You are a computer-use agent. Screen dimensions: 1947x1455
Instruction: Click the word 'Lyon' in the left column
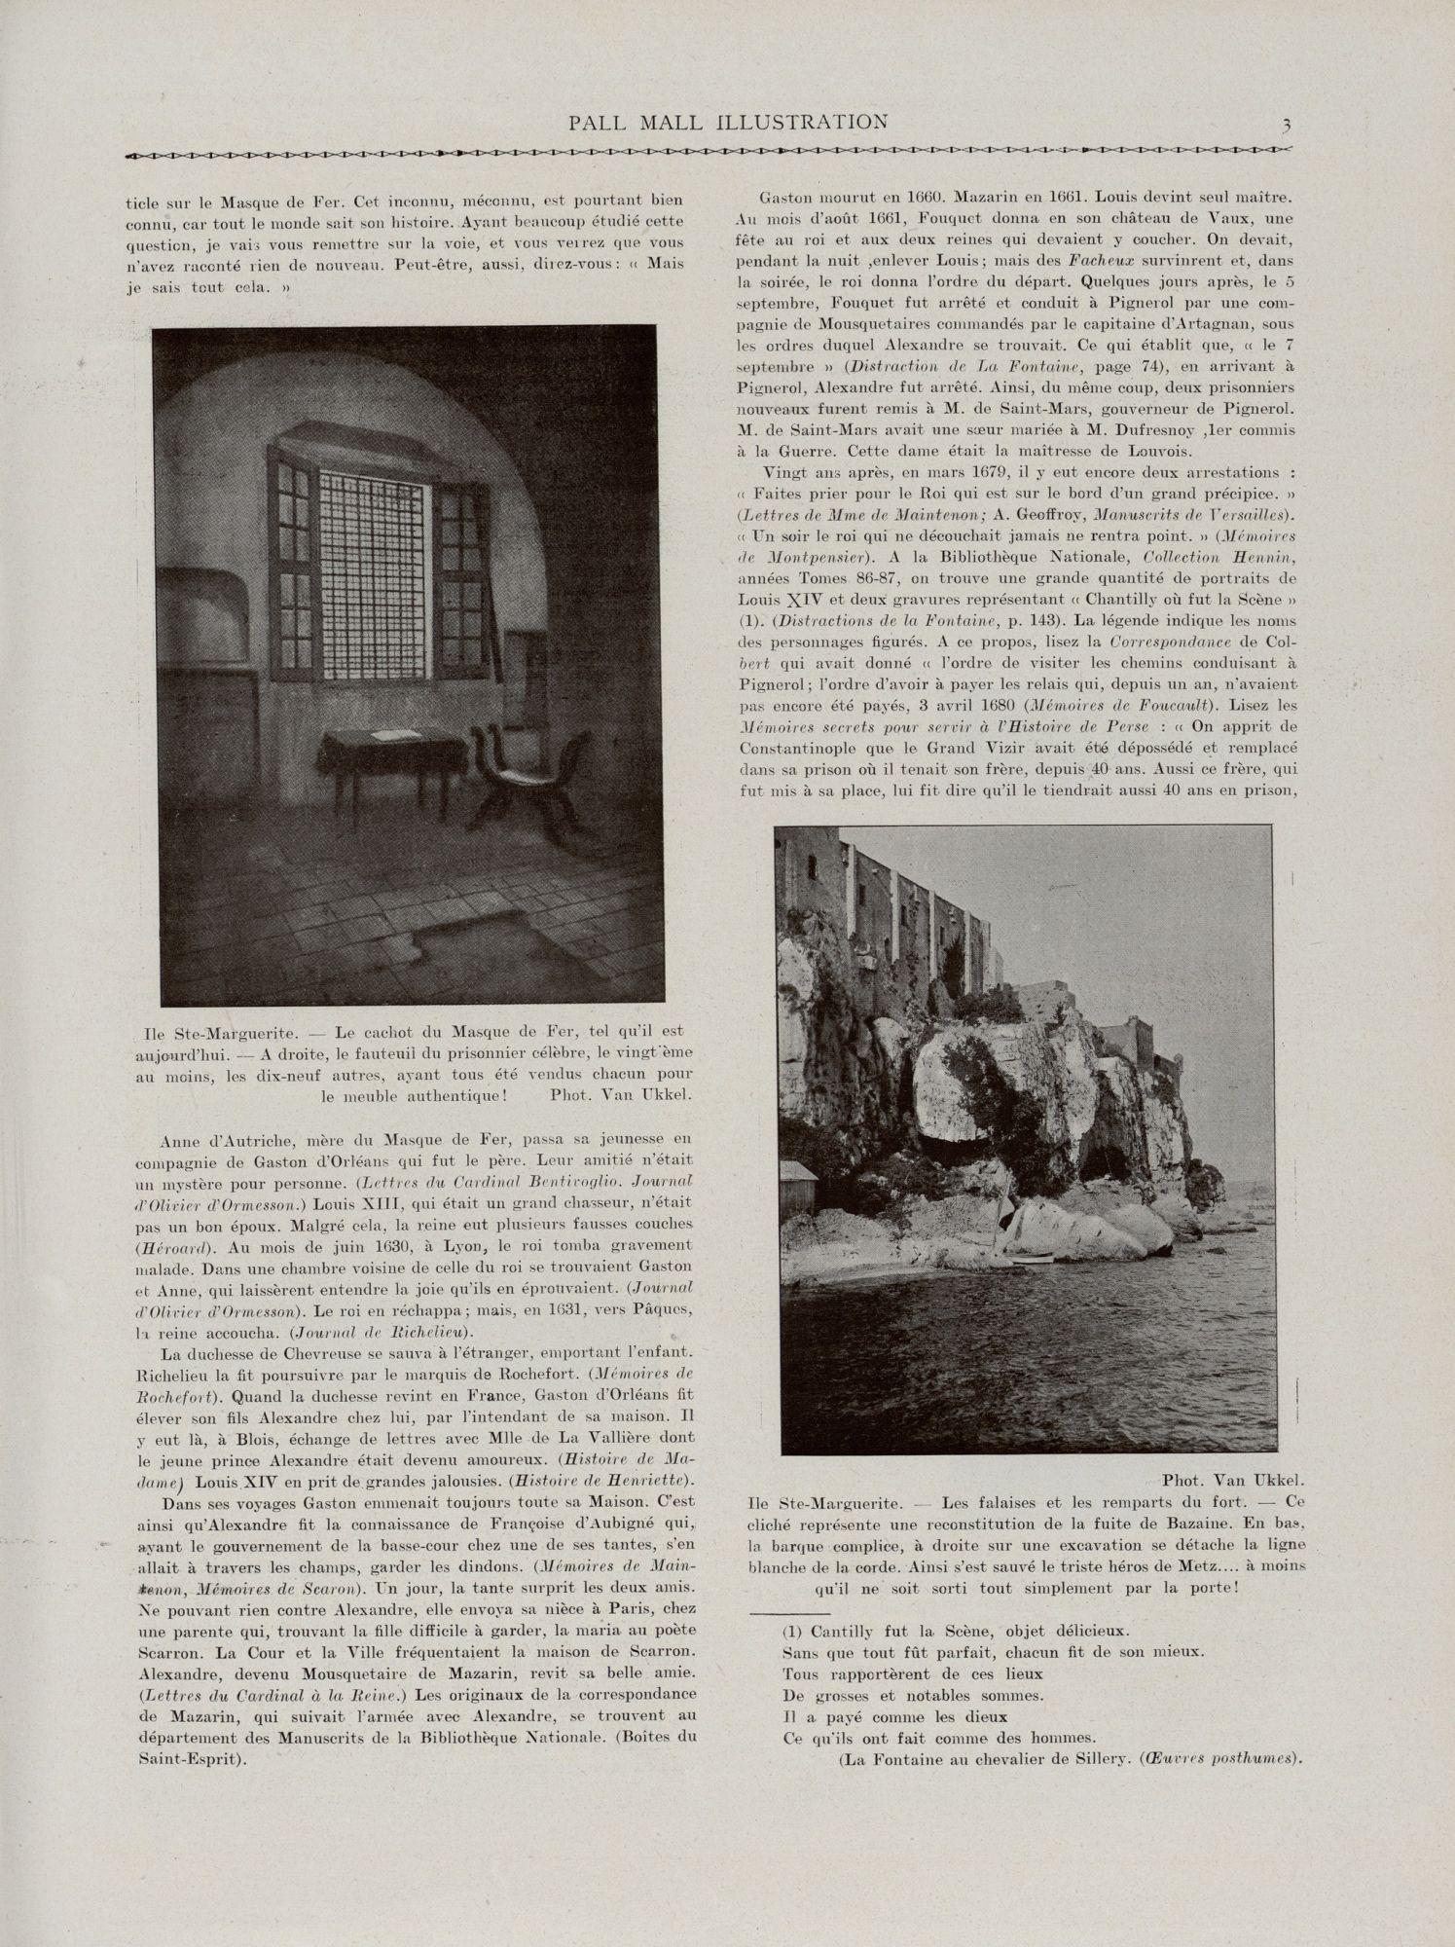tap(474, 1245)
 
